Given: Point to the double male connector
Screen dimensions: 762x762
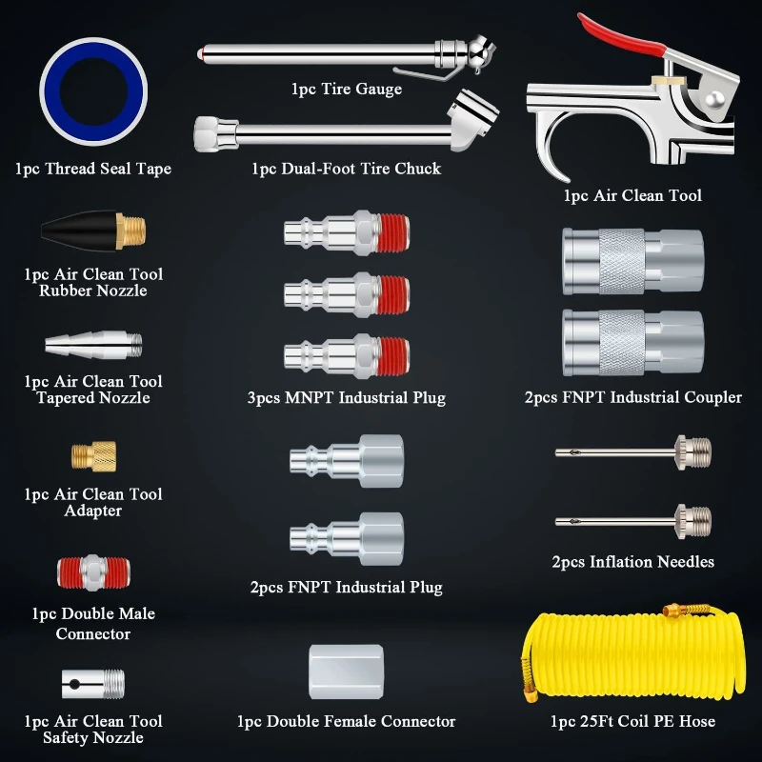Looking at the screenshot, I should pyautogui.click(x=93, y=573).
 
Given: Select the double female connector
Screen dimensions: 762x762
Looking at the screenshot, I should pyautogui.click(x=347, y=672).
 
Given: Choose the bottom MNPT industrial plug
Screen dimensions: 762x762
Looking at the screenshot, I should pyautogui.click(x=347, y=356).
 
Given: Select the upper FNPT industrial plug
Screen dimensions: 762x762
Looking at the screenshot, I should pyautogui.click(x=347, y=460).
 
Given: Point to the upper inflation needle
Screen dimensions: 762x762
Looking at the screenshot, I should pyautogui.click(x=632, y=449).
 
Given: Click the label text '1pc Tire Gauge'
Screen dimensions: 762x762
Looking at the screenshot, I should pyautogui.click(x=347, y=89).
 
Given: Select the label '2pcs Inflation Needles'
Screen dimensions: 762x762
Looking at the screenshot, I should pyautogui.click(x=632, y=562).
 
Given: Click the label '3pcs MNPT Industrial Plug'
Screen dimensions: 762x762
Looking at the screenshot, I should pyautogui.click(x=346, y=397).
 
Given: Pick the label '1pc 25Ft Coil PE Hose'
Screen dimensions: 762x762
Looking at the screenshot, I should pyautogui.click(x=632, y=721).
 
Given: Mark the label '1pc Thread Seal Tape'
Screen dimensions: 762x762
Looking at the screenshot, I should pyautogui.click(x=93, y=169).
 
